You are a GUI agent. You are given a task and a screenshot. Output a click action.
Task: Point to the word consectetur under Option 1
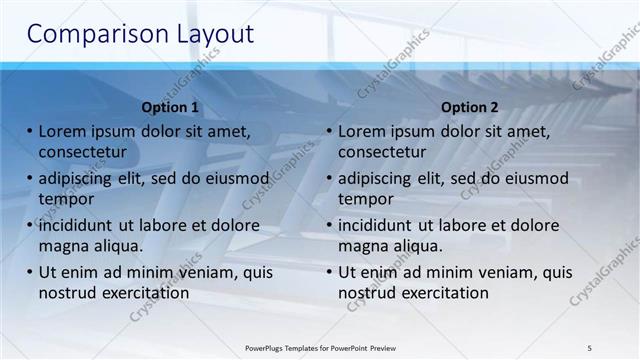[82, 152]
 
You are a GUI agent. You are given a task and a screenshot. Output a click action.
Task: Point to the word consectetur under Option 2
[382, 152]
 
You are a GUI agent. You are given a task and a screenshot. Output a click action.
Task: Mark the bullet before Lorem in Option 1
[30, 131]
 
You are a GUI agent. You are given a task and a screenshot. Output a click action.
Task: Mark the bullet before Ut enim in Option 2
[330, 272]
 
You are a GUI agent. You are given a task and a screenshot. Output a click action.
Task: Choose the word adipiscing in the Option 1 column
[80, 179]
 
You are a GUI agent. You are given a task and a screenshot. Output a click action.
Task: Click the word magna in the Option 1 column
[63, 246]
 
